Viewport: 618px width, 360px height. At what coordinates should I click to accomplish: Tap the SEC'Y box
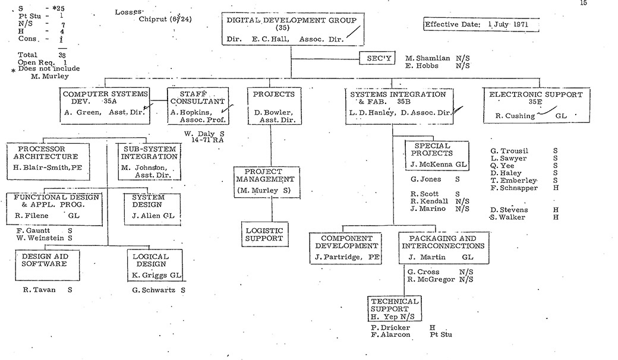[377, 59]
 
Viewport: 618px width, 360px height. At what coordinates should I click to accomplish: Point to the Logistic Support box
[264, 234]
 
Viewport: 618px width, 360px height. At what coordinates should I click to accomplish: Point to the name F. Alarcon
[390, 334]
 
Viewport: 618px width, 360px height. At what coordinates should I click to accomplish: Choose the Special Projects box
[437, 153]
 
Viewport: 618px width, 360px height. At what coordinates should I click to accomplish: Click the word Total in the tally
[27, 55]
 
